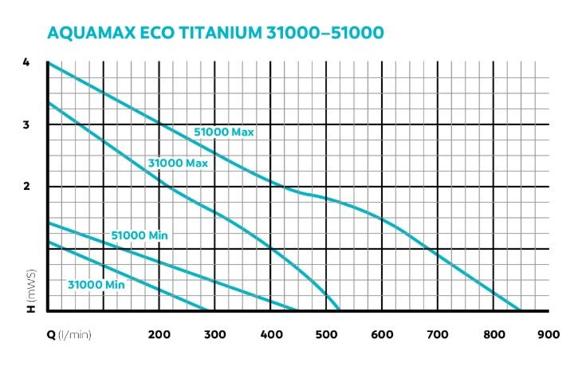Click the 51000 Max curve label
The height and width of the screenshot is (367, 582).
pyautogui.click(x=224, y=132)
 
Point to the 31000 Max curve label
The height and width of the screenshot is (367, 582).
pyautogui.click(x=178, y=163)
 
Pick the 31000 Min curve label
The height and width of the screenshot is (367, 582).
pyautogui.click(x=96, y=284)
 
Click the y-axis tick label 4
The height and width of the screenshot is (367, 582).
pyautogui.click(x=26, y=63)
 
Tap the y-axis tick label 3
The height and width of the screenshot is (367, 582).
pyautogui.click(x=26, y=125)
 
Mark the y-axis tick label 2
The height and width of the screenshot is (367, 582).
pyautogui.click(x=26, y=187)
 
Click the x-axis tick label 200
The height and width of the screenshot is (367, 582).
pyautogui.click(x=160, y=334)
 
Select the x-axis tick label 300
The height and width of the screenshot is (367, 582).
pyautogui.click(x=216, y=334)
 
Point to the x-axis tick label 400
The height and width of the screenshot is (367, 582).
pyautogui.click(x=272, y=334)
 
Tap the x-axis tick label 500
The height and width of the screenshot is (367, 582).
pyautogui.click(x=328, y=334)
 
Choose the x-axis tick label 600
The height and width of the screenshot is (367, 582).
pyautogui.click(x=383, y=334)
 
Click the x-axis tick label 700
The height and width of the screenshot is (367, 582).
pyautogui.click(x=439, y=334)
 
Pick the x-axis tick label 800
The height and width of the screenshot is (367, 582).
pyautogui.click(x=495, y=334)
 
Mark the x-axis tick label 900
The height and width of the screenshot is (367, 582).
pyautogui.click(x=549, y=334)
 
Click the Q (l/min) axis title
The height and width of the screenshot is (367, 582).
pyautogui.click(x=68, y=334)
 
